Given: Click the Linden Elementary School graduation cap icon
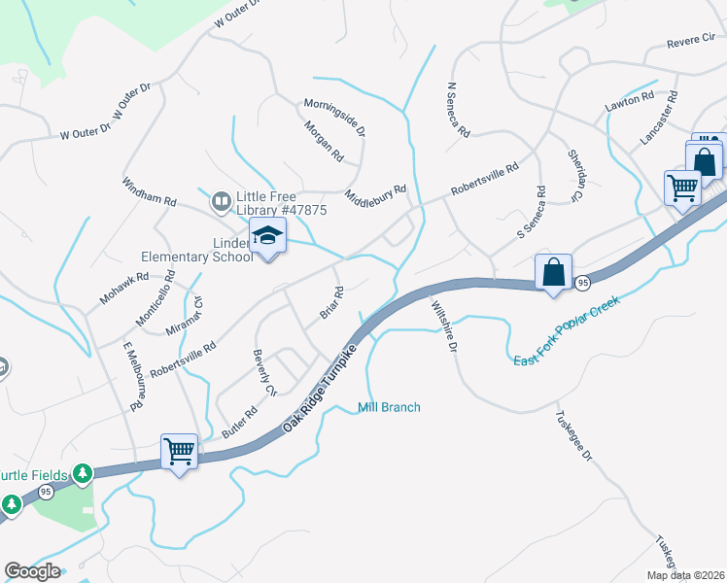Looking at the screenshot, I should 267,236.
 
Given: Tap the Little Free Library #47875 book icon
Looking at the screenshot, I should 221,201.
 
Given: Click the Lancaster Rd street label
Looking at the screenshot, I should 658,119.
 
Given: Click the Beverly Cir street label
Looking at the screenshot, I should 264,372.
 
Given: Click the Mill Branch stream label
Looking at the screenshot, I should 389,407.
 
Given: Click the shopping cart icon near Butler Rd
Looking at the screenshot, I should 180,451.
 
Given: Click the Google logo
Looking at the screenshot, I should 33,571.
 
